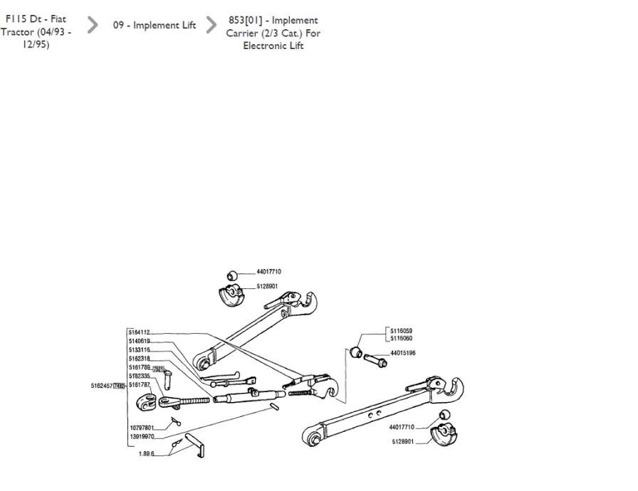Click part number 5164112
[140, 332]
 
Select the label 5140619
[140, 342]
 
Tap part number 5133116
[140, 350]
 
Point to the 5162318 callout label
[140, 359]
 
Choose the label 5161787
[140, 385]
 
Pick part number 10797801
[142, 428]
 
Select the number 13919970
[142, 436]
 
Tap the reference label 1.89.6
[146, 453]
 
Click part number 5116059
[402, 331]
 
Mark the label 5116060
[402, 339]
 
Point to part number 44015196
[403, 353]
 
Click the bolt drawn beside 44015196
[375, 359]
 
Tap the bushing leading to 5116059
[357, 352]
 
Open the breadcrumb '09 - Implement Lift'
[155, 26]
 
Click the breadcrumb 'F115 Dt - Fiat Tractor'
[36, 33]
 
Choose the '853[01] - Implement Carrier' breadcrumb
[273, 33]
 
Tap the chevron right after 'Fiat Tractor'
[93, 26]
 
